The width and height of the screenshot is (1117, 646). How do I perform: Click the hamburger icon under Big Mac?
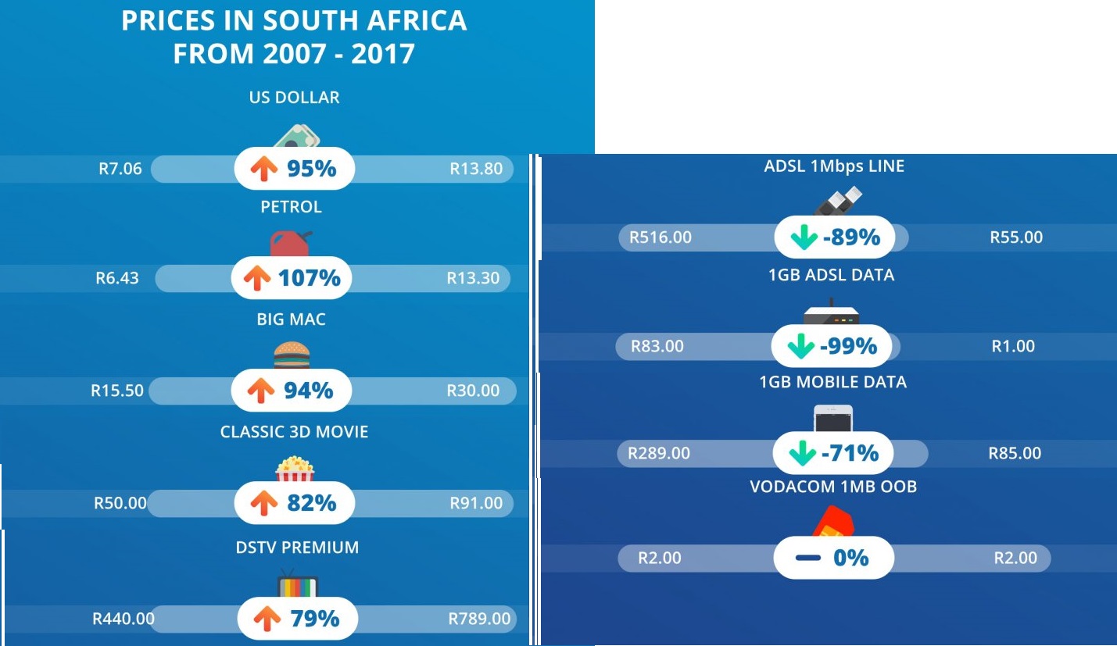(292, 355)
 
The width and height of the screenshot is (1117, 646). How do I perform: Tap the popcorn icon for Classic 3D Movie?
(295, 469)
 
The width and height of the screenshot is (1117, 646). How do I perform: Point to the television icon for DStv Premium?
(297, 583)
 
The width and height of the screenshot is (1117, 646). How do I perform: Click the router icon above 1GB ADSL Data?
(831, 312)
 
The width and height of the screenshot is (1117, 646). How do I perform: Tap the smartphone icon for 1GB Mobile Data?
(832, 418)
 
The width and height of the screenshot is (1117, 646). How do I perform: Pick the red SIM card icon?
(833, 522)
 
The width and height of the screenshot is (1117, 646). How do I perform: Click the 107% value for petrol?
(310, 278)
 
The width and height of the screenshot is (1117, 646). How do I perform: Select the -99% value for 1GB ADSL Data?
(849, 346)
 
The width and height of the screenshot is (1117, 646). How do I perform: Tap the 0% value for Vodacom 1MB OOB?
(851, 558)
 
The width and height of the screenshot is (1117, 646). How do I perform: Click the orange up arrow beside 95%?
(263, 168)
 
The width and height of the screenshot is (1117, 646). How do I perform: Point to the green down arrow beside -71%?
(803, 453)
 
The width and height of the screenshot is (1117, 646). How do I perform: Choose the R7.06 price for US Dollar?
(120, 169)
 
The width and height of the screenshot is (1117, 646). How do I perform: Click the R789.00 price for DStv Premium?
(479, 619)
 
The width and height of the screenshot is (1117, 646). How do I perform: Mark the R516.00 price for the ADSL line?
(661, 237)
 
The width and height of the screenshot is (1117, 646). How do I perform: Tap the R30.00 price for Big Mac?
(473, 391)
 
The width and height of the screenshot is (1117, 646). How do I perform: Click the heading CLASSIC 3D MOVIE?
(294, 432)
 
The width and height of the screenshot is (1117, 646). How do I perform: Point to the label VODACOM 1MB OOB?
(833, 487)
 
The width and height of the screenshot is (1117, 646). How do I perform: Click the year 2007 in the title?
(294, 54)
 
